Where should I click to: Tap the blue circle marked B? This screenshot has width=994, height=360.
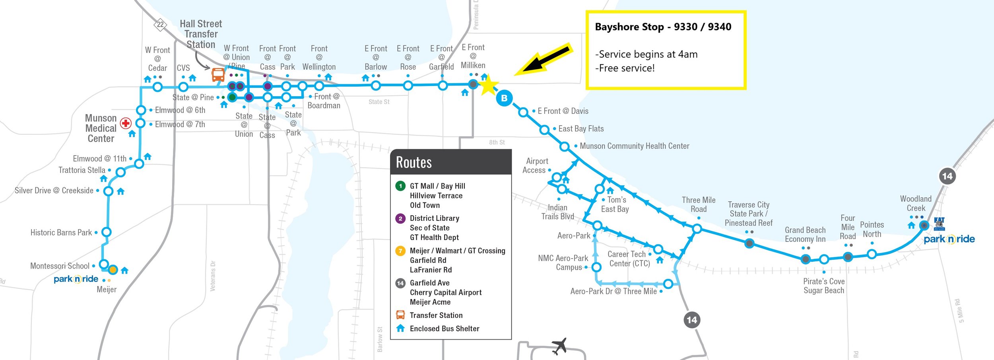pos(504,98)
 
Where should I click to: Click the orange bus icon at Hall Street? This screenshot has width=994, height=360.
pos(218,74)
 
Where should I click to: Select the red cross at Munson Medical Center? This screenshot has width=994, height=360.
pos(126,123)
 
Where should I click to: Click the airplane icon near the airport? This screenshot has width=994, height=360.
pos(559,346)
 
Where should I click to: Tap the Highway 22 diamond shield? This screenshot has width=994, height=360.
pos(160,24)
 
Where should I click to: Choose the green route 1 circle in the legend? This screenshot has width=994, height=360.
pos(400,186)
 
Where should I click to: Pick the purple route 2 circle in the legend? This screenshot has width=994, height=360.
pos(400,218)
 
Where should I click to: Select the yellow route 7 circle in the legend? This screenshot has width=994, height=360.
pos(400,251)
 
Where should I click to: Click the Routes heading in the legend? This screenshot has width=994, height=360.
pos(414,162)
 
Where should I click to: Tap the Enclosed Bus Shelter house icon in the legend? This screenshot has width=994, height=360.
pos(400,328)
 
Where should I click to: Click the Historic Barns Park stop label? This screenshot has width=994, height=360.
pos(61,232)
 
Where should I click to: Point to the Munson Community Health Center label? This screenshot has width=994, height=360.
pos(634,146)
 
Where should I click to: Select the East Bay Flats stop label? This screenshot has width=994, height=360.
pos(581,128)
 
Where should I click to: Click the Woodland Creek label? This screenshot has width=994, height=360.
pos(916,203)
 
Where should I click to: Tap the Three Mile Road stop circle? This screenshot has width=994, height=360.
pos(697,229)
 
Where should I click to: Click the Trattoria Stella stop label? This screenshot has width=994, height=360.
pos(82,170)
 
